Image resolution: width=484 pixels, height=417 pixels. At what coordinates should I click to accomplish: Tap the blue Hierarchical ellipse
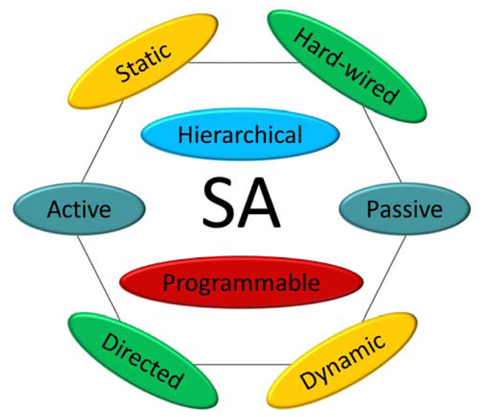click(x=240, y=135)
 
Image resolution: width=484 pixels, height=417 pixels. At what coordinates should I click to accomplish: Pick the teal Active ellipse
click(x=79, y=209)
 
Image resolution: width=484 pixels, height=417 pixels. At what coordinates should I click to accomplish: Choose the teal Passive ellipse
click(x=405, y=209)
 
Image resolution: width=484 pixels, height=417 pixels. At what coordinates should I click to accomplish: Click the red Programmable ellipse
click(x=241, y=283)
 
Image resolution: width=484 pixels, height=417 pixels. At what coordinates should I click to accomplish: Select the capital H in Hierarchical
click(x=184, y=135)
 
